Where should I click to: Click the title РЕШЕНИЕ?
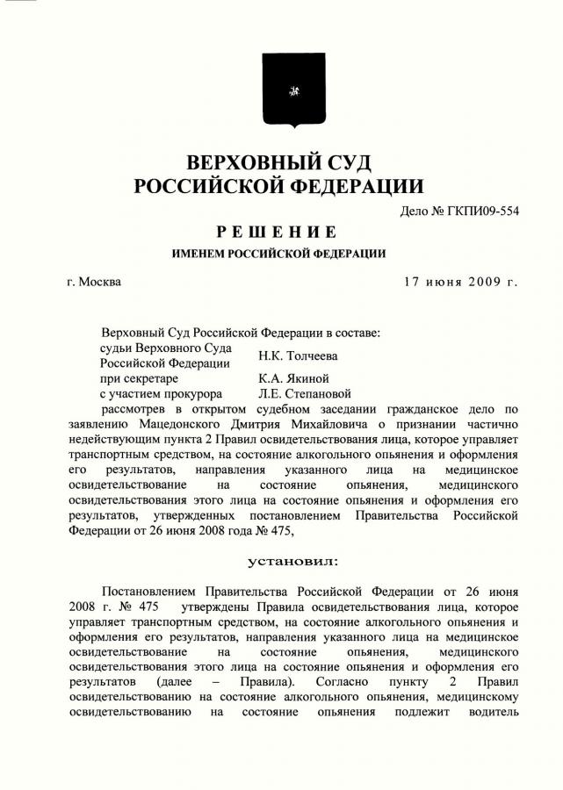point(279,232)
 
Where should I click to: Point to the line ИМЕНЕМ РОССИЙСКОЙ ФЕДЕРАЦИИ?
point(279,255)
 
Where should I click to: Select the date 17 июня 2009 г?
point(460,282)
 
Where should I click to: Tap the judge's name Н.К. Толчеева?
point(298,355)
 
